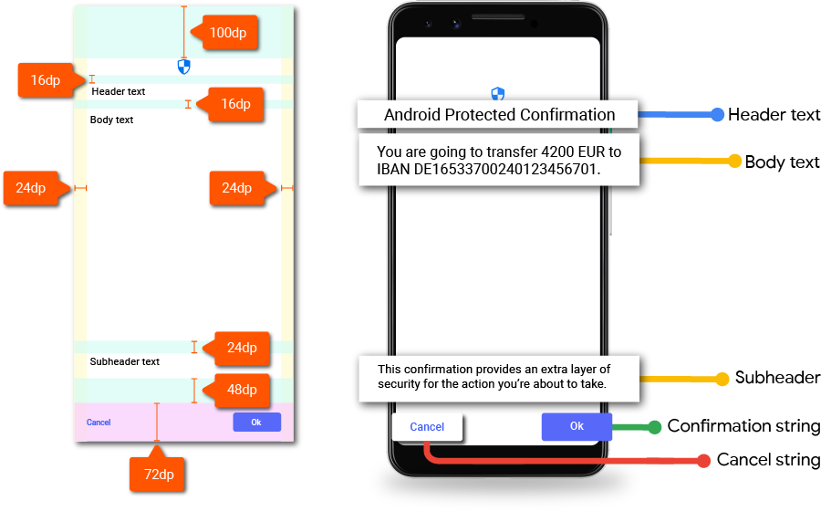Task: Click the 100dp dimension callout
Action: point(233,34)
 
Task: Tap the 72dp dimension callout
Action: point(159,475)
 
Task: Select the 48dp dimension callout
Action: point(242,390)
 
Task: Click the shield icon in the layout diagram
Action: point(184,66)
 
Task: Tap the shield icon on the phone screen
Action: point(498,94)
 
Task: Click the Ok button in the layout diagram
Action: point(256,422)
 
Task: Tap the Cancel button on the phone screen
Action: point(427,426)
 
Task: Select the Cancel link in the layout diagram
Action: point(99,423)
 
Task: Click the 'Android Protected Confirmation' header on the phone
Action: point(499,115)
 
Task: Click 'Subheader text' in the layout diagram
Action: point(125,361)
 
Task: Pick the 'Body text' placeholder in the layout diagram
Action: point(112,120)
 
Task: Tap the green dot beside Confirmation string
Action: point(653,426)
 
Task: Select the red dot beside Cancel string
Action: point(703,460)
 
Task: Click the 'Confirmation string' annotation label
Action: point(743,426)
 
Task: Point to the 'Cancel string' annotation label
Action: point(768,460)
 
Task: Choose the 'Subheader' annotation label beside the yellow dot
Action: point(777,378)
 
